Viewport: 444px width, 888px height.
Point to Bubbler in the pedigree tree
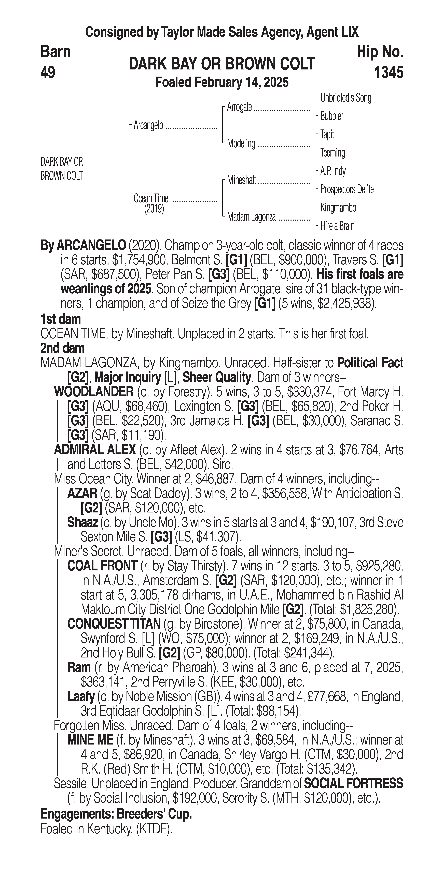coord(331,116)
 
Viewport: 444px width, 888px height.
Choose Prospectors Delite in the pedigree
coord(347,189)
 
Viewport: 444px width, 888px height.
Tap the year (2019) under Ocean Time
coord(154,209)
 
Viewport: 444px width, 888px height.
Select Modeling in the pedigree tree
coord(241,143)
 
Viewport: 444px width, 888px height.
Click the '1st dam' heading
coord(61,319)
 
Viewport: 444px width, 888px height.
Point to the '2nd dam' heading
coord(62,348)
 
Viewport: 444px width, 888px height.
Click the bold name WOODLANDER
coord(94,392)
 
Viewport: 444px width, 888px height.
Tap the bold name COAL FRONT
coord(102,566)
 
